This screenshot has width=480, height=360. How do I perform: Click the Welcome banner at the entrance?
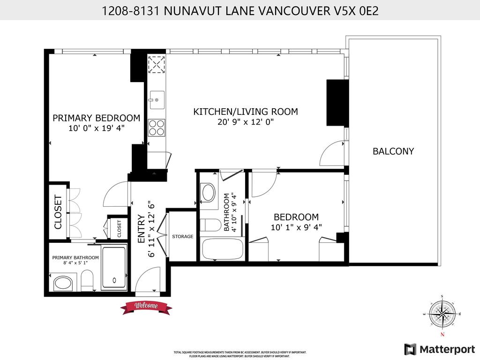[146, 307]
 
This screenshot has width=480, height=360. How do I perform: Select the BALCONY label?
[393, 151]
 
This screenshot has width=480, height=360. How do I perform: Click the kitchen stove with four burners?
[157, 127]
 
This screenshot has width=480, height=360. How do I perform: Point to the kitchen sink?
[157, 99]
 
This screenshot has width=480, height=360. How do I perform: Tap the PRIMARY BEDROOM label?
[96, 118]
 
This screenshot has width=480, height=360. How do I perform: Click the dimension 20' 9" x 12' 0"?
[246, 122]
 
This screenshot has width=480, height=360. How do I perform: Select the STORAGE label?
[182, 236]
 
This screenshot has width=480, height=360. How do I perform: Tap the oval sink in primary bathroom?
[62, 284]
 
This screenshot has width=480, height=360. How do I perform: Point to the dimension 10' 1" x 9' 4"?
[296, 227]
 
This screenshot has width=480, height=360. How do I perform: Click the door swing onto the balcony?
[332, 154]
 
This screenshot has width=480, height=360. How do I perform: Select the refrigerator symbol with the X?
[157, 65]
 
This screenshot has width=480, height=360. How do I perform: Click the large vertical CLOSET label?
[58, 211]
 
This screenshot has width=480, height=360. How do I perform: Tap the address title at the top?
[240, 10]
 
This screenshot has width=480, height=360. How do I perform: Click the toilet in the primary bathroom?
[87, 282]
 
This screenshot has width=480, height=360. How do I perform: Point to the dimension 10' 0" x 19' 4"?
[96, 128]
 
